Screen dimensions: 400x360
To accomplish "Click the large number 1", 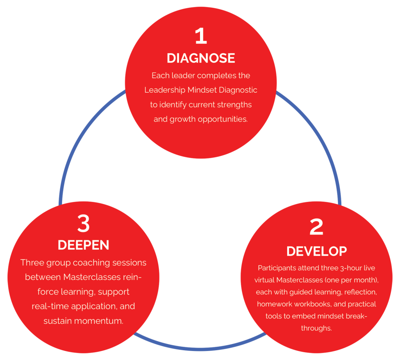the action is coord(201,36).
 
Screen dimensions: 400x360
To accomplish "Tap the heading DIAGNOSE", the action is coord(201,58).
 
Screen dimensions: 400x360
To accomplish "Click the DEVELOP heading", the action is coord(316,251).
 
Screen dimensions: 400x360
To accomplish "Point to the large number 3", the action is coord(84,224).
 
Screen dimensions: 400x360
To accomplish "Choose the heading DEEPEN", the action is coord(84,245).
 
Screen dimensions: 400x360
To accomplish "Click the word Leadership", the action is coord(165,90).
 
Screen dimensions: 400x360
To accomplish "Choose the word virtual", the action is coord(264,280).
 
